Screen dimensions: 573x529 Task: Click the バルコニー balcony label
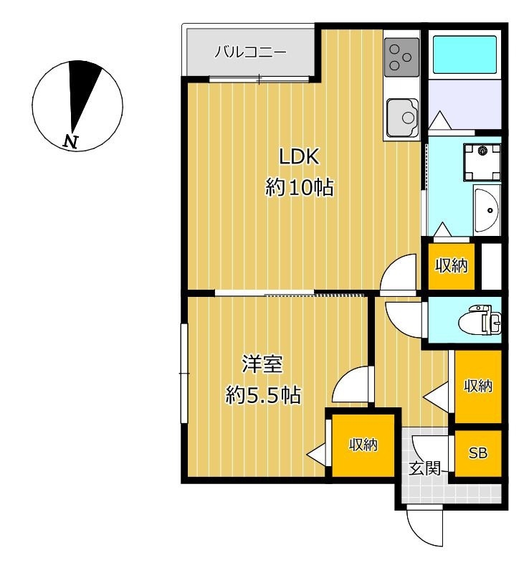coord(251,52)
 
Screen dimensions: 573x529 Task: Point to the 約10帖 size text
coord(299,189)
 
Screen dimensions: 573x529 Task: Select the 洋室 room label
coord(262,364)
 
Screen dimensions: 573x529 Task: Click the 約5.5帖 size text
coord(262,395)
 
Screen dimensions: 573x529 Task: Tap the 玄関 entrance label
coord(423,469)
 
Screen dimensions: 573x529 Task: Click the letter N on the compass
coord(70,141)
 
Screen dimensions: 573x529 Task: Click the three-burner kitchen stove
coord(401,57)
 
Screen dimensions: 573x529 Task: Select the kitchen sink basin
coord(402,115)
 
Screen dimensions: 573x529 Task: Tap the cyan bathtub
coord(464,53)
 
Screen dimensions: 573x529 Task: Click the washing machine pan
coord(482,159)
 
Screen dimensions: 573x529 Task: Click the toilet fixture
coord(485,320)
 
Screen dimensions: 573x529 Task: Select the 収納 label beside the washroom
coord(452,266)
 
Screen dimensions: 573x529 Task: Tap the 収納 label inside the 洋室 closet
coord(363,445)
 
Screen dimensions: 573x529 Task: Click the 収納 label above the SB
coord(477,387)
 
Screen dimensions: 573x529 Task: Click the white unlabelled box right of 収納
coord(491,266)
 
